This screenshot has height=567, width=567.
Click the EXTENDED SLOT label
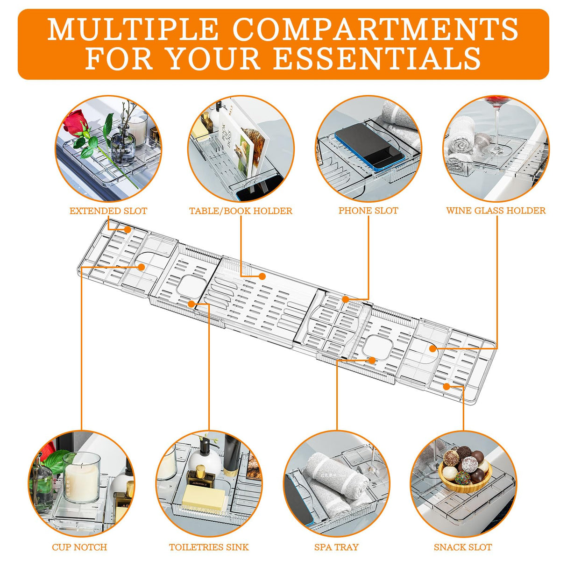point(108,211)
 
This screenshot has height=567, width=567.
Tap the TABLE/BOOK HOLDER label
point(241,211)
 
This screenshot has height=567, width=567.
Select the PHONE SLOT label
point(368,210)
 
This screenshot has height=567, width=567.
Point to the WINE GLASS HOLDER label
point(496,210)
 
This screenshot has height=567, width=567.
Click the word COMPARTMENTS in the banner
point(376,29)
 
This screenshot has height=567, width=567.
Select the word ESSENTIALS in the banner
point(377,58)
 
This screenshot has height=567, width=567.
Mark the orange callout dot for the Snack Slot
point(447,387)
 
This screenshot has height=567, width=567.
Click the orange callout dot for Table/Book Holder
point(262,276)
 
